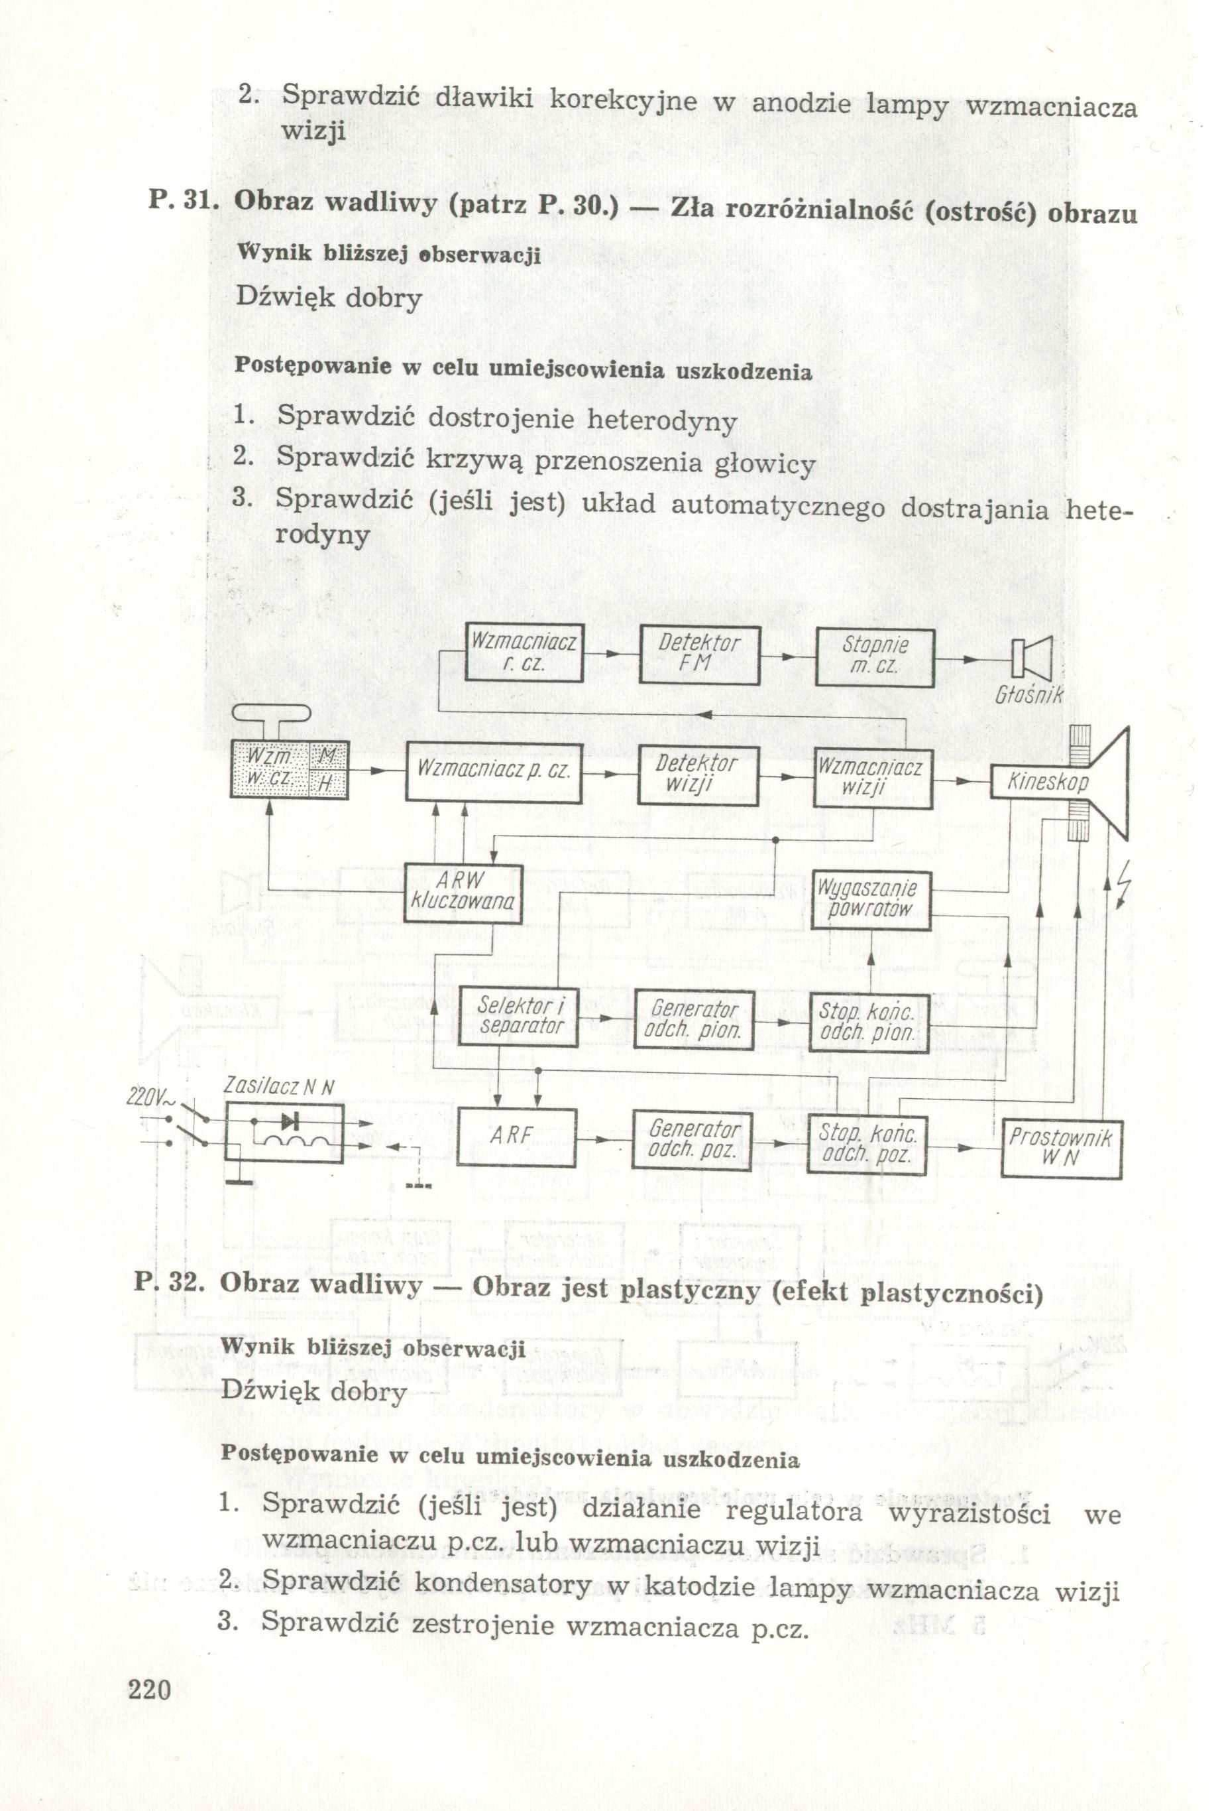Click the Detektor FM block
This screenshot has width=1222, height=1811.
click(x=698, y=655)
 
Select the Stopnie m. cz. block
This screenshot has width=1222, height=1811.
click(x=874, y=657)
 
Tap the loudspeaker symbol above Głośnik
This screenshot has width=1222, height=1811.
click(x=1031, y=658)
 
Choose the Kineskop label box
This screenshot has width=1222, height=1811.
click(x=1046, y=782)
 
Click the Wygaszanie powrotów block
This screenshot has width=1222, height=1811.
click(x=871, y=899)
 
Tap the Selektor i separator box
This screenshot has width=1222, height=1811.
click(x=520, y=1015)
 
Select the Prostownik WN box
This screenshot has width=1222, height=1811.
click(x=1061, y=1148)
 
